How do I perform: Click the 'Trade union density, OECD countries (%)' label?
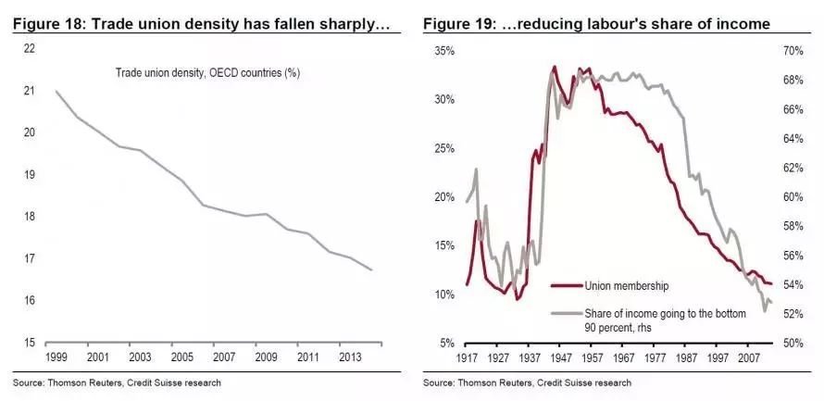(207, 72)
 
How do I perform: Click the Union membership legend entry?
(626, 286)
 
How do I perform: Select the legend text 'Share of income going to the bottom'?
(665, 313)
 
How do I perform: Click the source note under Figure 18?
(118, 382)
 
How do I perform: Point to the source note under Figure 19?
(528, 382)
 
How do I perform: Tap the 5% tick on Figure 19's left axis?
(445, 343)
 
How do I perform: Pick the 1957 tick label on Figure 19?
(579, 357)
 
